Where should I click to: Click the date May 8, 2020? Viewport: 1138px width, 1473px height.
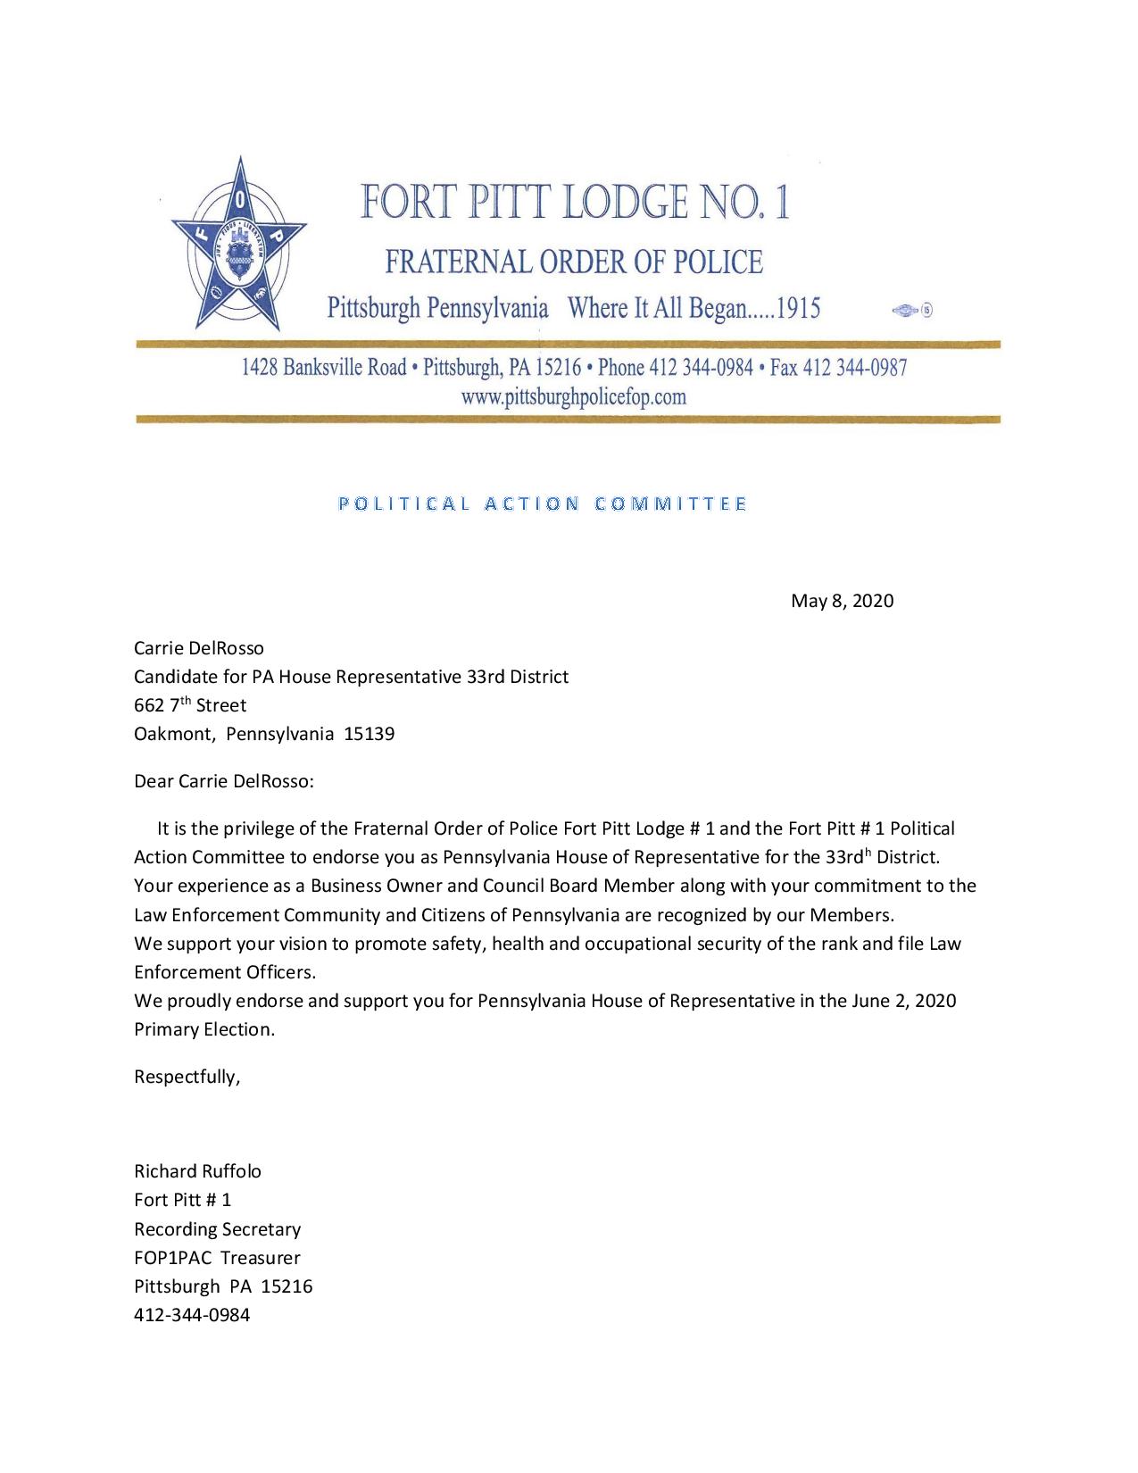842,601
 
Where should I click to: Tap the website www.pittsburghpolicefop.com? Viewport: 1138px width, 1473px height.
573,397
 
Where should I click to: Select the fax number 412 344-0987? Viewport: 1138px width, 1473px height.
854,368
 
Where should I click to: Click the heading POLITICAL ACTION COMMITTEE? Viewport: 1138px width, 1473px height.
543,503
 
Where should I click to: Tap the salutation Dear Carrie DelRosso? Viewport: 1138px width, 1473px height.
224,782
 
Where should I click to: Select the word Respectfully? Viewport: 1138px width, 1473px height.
187,1077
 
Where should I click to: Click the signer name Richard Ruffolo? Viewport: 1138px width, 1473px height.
197,1171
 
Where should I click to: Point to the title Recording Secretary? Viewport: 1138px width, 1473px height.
218,1229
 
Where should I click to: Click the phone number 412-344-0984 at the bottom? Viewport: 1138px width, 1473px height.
192,1315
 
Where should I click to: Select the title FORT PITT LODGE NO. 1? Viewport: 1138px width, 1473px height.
575,202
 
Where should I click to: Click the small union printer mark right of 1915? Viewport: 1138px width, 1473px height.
912,311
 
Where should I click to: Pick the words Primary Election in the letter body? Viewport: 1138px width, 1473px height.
204,1029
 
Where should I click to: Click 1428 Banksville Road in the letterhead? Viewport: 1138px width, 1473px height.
325,368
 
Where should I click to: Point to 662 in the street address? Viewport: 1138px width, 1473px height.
149,705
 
